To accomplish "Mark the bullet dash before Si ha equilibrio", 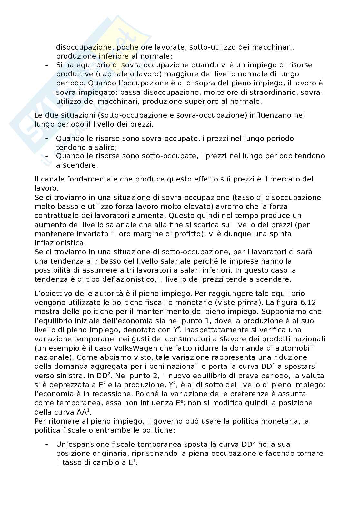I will pos(47,65).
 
